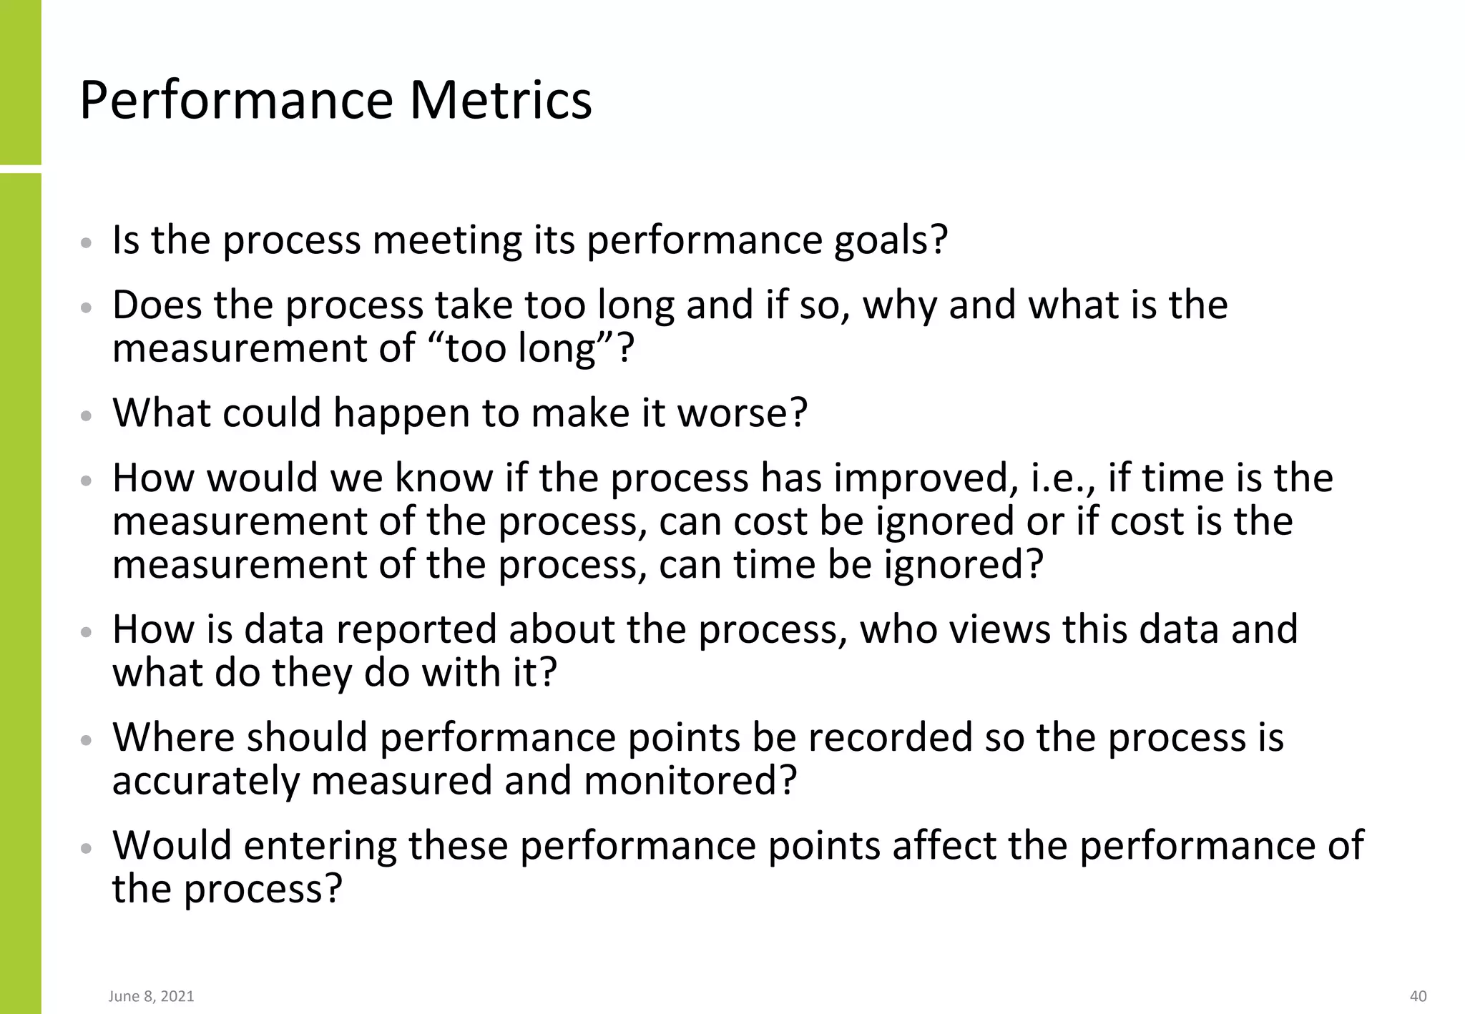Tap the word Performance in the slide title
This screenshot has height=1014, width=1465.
tap(236, 100)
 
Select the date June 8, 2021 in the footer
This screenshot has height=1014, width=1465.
tap(151, 996)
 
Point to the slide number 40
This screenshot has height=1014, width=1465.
tap(1418, 996)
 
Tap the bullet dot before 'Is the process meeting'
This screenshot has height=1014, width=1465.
tap(86, 243)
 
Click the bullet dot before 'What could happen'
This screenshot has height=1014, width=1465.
tap(86, 416)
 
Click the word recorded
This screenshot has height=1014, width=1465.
tap(890, 737)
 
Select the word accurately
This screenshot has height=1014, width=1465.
tap(205, 781)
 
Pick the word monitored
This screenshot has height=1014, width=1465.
tap(690, 781)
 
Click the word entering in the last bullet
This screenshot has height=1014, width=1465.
tap(320, 846)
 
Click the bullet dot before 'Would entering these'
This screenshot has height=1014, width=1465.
tap(86, 849)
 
